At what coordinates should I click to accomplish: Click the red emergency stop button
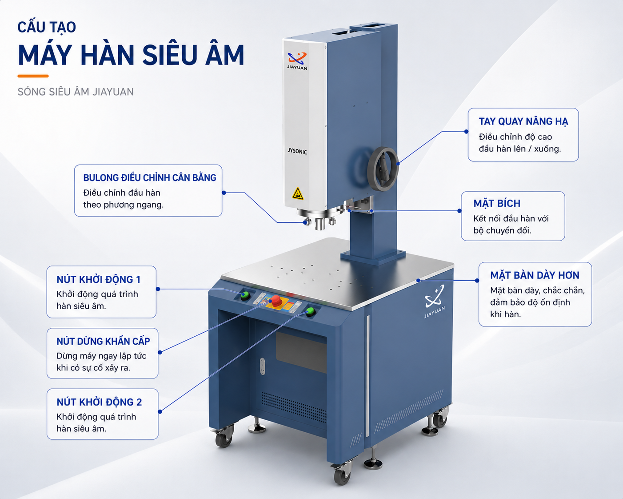click(x=276, y=301)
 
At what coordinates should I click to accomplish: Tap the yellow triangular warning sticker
click(x=298, y=193)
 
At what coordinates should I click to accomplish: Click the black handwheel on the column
click(x=383, y=169)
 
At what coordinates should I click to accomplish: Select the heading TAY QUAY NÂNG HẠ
click(x=523, y=121)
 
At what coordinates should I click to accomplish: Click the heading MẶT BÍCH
click(x=497, y=203)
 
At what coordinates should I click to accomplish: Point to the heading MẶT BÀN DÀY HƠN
click(x=535, y=275)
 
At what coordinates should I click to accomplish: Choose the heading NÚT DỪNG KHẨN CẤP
click(x=104, y=341)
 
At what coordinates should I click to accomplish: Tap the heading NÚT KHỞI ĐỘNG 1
click(x=99, y=279)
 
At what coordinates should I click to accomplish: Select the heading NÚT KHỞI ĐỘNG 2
click(x=99, y=402)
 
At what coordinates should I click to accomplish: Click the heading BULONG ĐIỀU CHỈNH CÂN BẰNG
click(x=150, y=177)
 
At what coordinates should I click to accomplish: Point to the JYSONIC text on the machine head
click(x=297, y=151)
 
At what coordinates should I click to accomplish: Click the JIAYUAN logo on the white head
click(x=297, y=60)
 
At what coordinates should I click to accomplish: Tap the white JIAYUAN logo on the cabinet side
click(x=435, y=301)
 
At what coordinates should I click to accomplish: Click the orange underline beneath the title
click(x=33, y=76)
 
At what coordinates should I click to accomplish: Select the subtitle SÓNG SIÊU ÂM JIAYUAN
click(x=76, y=92)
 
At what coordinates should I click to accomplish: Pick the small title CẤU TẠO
click(x=47, y=27)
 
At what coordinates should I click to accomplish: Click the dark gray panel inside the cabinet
click(x=301, y=352)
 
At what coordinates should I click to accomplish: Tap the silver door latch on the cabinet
click(x=263, y=366)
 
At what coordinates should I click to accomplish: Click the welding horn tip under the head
click(x=320, y=224)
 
